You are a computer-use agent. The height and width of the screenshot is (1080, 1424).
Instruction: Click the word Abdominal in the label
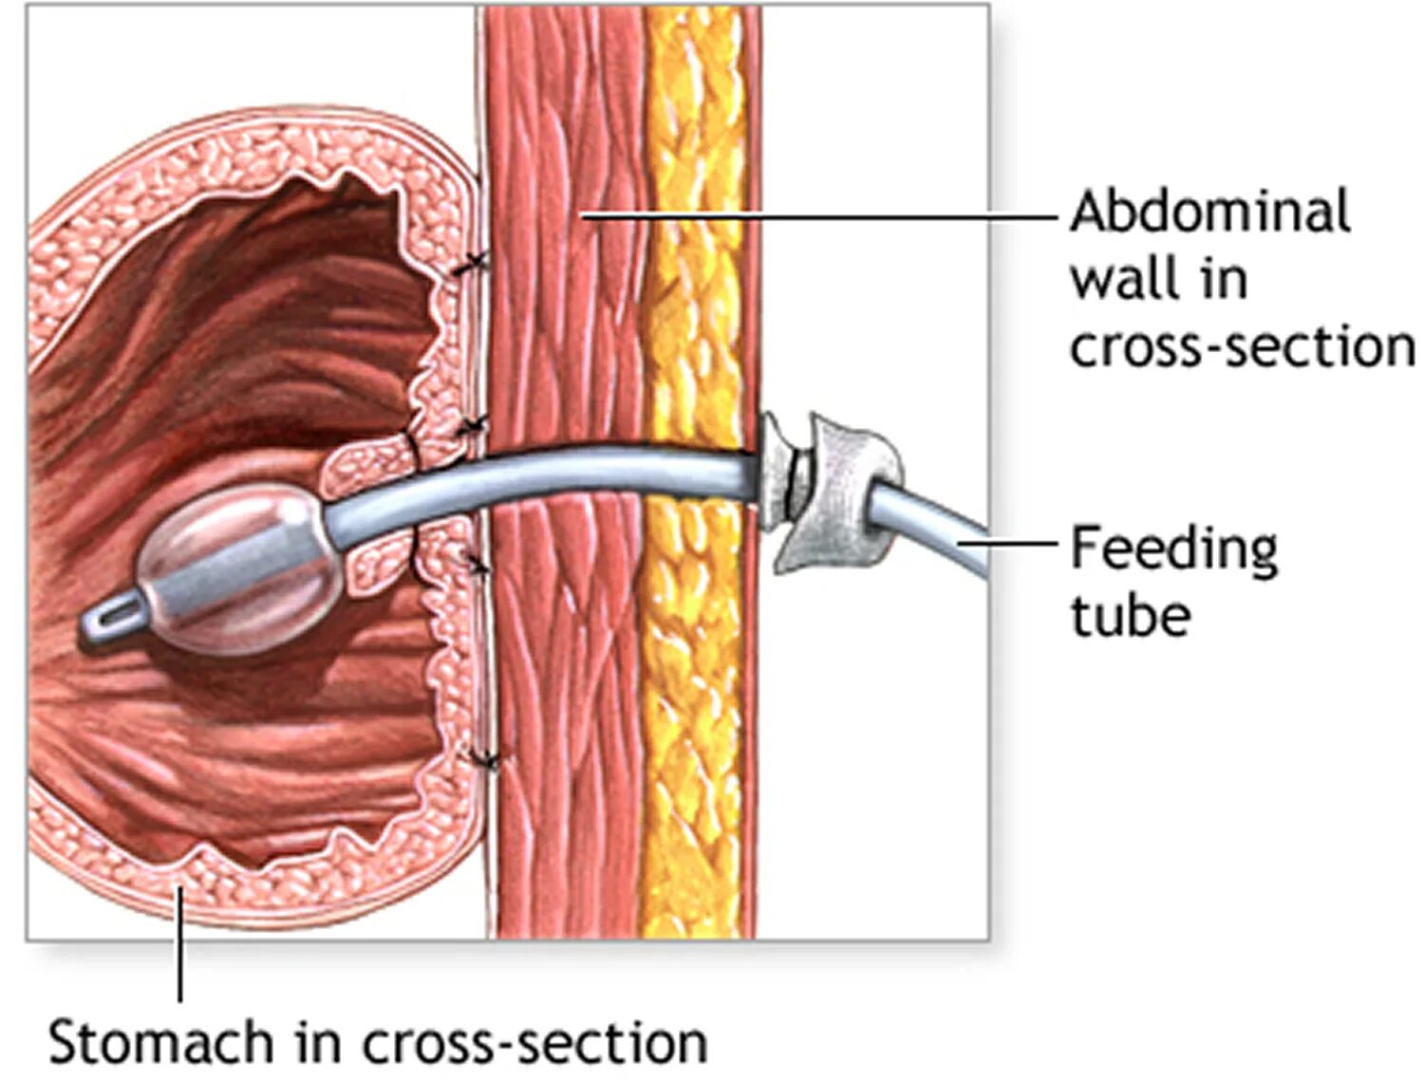[x=1209, y=212]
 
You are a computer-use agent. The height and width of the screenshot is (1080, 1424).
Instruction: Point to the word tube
[x=1130, y=617]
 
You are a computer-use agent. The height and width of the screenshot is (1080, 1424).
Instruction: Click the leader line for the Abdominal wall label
[x=816, y=215]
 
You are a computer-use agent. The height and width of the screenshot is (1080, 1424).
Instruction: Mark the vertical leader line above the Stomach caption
[x=179, y=940]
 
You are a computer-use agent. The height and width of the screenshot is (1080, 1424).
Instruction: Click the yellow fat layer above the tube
[x=693, y=237]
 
